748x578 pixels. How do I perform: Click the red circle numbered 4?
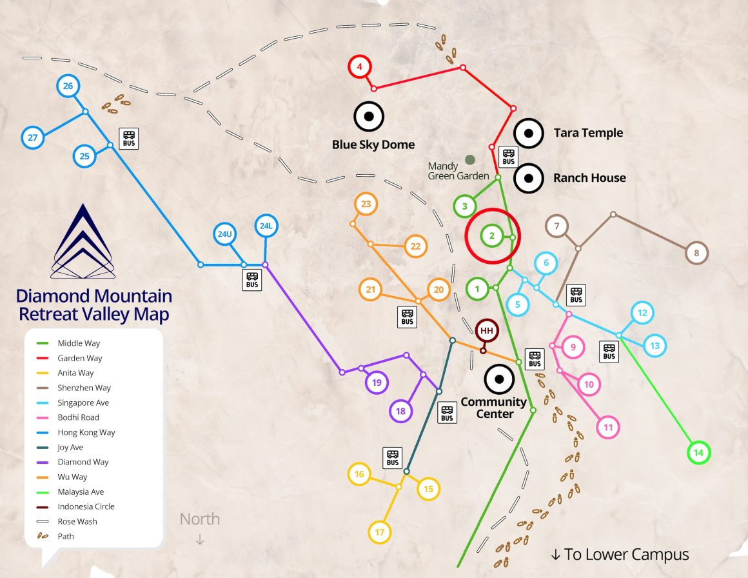[360, 66]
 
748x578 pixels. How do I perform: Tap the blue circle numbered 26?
[68, 86]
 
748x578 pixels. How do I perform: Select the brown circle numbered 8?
[696, 253]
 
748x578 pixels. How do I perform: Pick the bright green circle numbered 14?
[698, 453]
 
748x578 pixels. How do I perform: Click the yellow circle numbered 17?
[379, 532]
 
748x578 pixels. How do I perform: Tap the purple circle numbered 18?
[400, 411]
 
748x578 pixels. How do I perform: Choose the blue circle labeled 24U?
[224, 234]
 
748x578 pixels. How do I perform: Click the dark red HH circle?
[487, 331]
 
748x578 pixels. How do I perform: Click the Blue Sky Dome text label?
[373, 144]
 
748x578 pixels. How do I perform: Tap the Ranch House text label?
[589, 178]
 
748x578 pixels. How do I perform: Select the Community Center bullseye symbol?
[498, 379]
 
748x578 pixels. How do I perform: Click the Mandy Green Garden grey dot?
[470, 159]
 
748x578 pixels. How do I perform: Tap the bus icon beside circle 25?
[129, 137]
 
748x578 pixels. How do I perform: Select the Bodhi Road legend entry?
[79, 417]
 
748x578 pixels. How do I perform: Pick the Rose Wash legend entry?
[77, 521]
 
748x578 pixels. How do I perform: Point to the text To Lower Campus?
[620, 554]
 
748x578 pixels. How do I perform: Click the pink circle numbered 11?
[607, 427]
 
